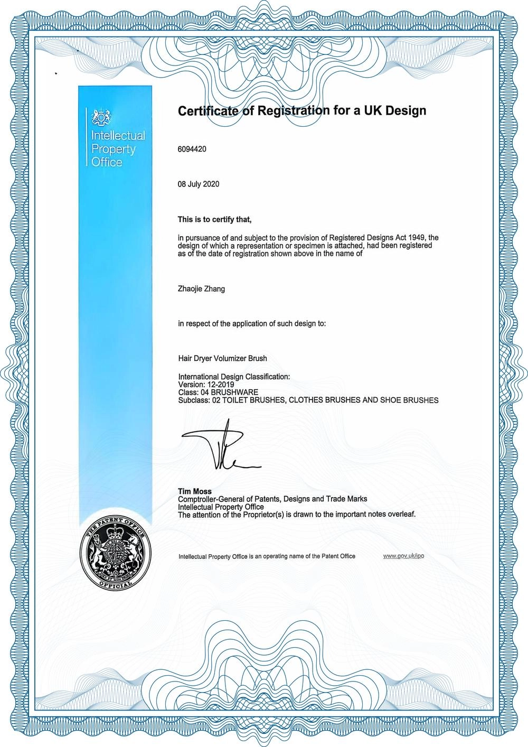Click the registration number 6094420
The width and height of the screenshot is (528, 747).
coord(192,149)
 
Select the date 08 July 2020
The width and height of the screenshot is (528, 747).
coord(199,184)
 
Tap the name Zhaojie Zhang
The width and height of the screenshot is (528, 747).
coord(202,289)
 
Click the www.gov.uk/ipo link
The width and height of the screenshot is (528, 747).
coord(403,556)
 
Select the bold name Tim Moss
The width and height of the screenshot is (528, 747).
coord(195,491)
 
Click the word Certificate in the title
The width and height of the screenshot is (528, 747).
coord(209,111)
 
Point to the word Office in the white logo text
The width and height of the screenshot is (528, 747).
coord(107,162)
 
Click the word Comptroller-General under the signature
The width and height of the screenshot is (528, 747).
coord(211,499)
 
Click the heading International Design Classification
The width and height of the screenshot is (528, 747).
coord(234,377)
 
